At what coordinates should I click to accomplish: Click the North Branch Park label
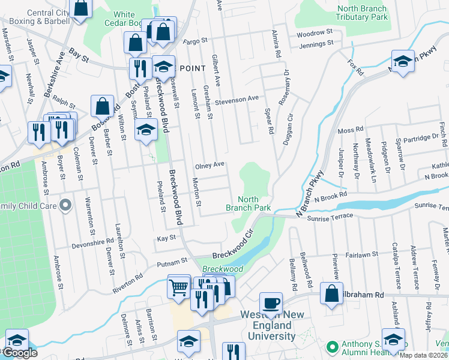click(x=248, y=203)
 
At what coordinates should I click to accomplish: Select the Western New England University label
click(x=270, y=326)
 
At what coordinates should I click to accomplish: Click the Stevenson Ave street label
click(x=237, y=99)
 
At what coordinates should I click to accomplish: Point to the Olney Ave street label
click(x=209, y=164)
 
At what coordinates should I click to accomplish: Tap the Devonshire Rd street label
click(x=92, y=242)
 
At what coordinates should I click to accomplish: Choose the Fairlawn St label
click(x=361, y=254)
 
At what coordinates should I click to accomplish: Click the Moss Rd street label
click(x=351, y=130)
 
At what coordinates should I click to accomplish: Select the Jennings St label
click(x=318, y=44)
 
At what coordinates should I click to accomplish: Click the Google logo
click(x=19, y=353)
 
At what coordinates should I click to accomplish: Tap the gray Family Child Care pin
click(x=66, y=206)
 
